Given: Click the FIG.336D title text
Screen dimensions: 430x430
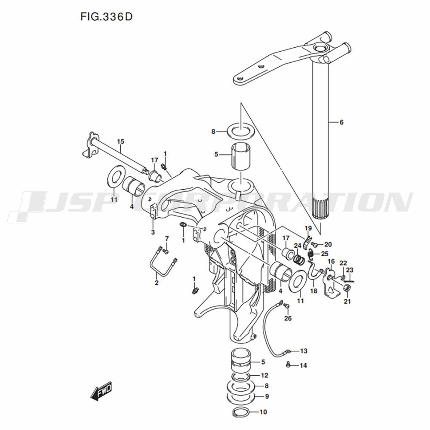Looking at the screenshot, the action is [x=106, y=17].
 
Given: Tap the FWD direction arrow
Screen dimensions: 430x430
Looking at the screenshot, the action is [x=101, y=390].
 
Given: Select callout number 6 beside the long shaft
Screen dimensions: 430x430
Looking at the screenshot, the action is [x=341, y=122].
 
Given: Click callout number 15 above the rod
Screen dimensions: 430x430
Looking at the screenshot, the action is [x=121, y=141].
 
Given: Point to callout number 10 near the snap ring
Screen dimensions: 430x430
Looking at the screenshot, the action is [x=263, y=412].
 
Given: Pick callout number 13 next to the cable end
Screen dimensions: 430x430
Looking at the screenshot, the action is [x=304, y=351].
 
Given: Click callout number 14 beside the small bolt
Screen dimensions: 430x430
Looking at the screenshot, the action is [x=303, y=365].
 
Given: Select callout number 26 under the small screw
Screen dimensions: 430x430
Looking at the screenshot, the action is [x=288, y=318].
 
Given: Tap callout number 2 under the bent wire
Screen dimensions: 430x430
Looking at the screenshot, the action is [x=157, y=283].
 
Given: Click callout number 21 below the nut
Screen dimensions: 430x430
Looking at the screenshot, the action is [x=347, y=301].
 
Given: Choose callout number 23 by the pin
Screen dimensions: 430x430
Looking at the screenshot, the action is [x=350, y=270].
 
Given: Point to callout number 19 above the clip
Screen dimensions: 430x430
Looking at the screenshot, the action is [x=308, y=228].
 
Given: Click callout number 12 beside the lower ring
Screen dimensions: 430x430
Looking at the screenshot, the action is [x=264, y=375].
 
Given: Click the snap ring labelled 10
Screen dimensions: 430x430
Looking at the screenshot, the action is [x=241, y=412].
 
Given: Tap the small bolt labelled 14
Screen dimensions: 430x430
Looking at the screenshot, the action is [x=288, y=365].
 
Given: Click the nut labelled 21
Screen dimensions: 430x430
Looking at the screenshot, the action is [x=347, y=288].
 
